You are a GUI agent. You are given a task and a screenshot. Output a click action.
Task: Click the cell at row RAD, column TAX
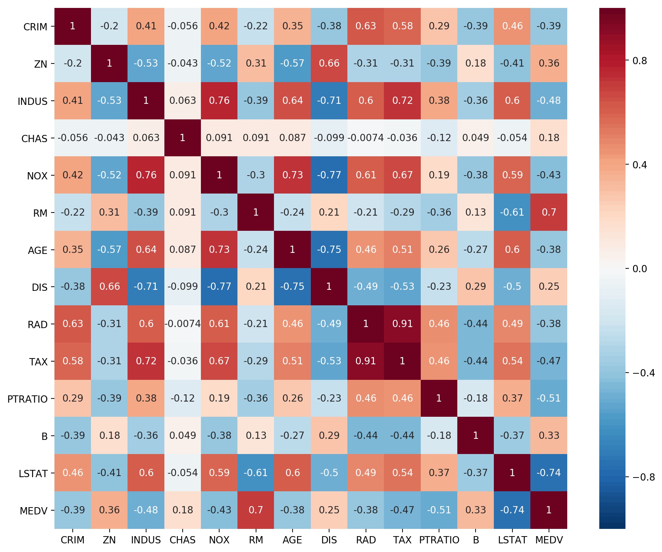(x=402, y=324)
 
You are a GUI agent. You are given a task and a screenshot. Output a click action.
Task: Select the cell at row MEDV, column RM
(x=256, y=510)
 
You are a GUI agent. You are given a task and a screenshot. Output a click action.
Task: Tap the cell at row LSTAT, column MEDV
(x=549, y=473)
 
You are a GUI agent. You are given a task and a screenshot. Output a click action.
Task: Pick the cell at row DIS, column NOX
(x=219, y=286)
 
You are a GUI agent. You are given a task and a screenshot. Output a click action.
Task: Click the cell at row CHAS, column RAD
(x=366, y=138)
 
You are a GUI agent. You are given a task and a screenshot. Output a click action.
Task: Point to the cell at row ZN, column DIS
(x=329, y=63)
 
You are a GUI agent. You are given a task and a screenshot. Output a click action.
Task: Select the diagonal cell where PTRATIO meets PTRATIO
(x=439, y=398)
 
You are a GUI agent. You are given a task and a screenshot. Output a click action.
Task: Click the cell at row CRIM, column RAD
(x=366, y=26)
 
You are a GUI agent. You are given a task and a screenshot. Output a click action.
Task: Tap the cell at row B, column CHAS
(x=183, y=435)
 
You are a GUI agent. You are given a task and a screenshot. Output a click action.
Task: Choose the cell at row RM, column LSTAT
(x=512, y=212)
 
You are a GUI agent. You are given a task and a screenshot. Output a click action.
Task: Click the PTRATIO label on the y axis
(x=28, y=399)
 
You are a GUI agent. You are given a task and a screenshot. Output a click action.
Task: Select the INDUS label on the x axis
(x=146, y=540)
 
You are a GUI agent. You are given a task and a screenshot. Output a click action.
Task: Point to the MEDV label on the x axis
(x=549, y=540)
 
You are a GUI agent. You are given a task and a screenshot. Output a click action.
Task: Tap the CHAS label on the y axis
(x=34, y=139)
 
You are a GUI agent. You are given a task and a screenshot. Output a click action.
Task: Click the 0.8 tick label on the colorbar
(x=640, y=61)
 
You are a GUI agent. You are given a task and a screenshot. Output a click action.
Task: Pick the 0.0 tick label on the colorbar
(x=640, y=269)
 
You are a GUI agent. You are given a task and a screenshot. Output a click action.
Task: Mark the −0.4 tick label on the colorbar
(x=643, y=373)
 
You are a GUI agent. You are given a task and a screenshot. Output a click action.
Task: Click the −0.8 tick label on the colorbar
(x=643, y=477)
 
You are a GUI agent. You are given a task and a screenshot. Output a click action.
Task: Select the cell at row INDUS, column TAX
(x=402, y=100)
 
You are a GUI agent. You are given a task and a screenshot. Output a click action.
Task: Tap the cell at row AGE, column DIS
(x=329, y=249)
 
